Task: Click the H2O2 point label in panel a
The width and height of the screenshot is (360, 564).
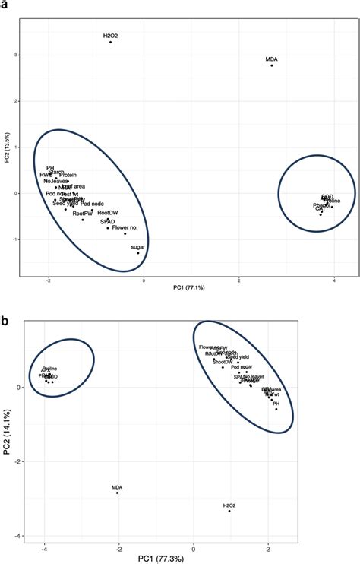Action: point(112,35)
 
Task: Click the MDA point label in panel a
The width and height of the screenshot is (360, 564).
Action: point(271,59)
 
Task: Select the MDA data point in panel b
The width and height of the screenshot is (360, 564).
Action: point(117,493)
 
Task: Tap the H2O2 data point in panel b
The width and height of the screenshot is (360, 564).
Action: point(229,511)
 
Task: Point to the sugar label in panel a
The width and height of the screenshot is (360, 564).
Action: point(137,247)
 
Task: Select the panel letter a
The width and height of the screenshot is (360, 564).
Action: point(5,5)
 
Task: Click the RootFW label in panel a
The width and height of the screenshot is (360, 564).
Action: point(82,214)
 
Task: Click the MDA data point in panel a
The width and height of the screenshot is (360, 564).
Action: point(271,65)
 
